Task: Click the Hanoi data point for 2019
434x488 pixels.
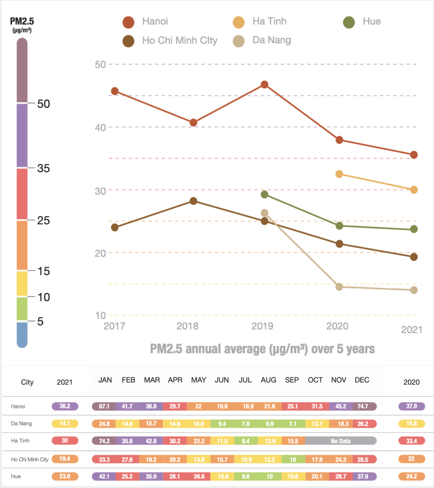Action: click(x=264, y=85)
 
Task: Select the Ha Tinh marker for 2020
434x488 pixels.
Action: click(x=339, y=174)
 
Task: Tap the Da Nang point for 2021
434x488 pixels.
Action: click(x=414, y=290)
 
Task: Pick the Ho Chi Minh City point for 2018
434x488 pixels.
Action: click(x=193, y=201)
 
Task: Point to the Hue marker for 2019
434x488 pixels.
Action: click(x=264, y=195)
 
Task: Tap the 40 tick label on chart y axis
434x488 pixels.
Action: click(x=100, y=127)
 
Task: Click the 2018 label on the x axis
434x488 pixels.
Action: click(x=187, y=326)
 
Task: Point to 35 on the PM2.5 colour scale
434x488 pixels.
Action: click(x=44, y=168)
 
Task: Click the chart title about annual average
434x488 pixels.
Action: click(x=262, y=349)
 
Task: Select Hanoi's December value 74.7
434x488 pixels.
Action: click(x=363, y=406)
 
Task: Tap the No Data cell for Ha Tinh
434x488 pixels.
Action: click(x=340, y=441)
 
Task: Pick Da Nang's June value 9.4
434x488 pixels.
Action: click(x=222, y=424)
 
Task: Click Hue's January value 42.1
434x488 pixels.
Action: click(x=104, y=476)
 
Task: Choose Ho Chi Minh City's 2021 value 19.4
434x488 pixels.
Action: click(x=65, y=459)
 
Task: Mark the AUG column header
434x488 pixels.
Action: click(x=268, y=380)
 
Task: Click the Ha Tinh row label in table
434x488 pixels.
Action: click(x=20, y=441)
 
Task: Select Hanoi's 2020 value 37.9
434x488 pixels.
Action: click(x=411, y=406)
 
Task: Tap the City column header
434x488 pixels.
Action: click(x=27, y=382)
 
